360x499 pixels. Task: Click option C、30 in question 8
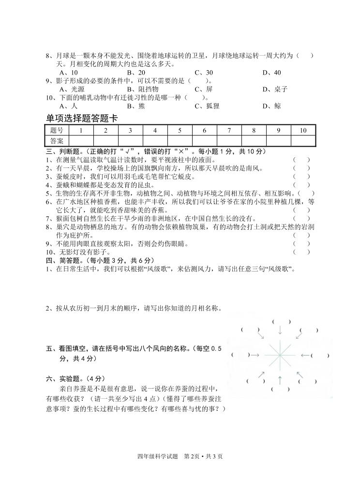coord(203,73)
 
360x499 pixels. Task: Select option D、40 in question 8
coord(271,73)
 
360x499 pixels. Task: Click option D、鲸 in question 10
coord(271,106)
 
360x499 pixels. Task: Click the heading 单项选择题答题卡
coord(82,118)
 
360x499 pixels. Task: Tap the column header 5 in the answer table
coord(180,130)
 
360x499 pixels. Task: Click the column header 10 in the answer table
coord(303,130)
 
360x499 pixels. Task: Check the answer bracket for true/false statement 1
coord(301,159)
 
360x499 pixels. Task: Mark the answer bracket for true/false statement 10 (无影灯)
coord(301,252)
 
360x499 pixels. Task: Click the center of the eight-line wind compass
coord(280,355)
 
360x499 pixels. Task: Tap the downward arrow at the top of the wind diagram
coord(280,331)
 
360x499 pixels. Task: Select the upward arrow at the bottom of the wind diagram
coord(280,379)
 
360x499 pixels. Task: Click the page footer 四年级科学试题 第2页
coord(180,456)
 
